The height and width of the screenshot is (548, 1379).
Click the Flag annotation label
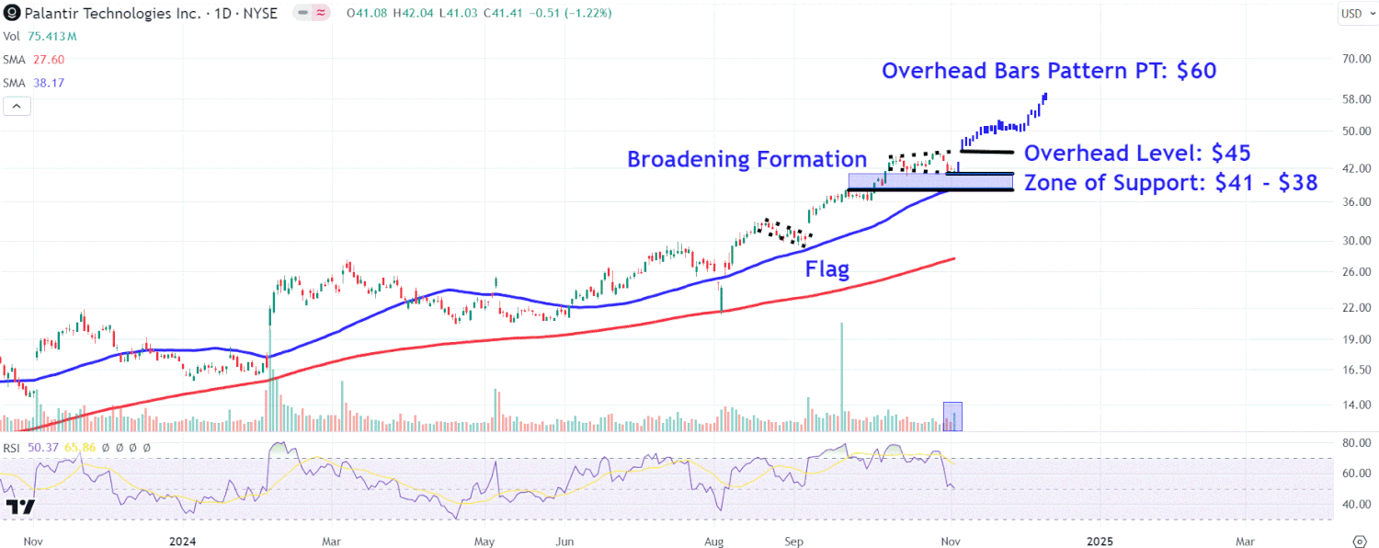click(827, 269)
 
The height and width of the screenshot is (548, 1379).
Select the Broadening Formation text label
click(746, 159)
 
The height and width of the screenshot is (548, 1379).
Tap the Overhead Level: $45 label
click(1137, 154)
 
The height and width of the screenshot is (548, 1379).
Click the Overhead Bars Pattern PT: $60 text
click(1049, 71)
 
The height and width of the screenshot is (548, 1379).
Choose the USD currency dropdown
click(1351, 13)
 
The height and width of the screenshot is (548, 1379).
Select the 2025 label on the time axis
click(1100, 542)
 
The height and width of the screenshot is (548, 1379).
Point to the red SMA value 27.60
click(47, 60)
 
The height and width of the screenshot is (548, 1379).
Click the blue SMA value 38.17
click(47, 83)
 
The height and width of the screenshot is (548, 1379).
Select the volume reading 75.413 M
click(51, 37)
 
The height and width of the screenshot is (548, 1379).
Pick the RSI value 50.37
click(43, 447)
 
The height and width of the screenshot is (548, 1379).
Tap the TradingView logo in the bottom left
click(19, 507)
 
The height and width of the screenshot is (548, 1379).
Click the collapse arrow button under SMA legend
click(17, 106)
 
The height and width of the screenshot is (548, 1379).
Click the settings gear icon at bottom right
click(1360, 541)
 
